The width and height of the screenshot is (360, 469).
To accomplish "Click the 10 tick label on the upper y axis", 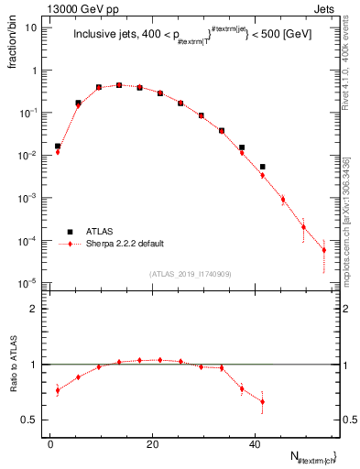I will (29, 27).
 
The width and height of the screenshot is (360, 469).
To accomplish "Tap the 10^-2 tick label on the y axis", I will (27, 156).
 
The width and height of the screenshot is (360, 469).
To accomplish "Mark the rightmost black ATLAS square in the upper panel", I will (262, 167).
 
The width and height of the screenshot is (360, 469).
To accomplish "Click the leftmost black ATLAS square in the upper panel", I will (58, 146).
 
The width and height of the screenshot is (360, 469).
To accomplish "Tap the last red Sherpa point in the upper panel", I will (323, 250).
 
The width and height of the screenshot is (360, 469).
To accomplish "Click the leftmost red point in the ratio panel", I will (58, 390).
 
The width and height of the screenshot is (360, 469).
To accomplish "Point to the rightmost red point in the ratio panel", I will (262, 401).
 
